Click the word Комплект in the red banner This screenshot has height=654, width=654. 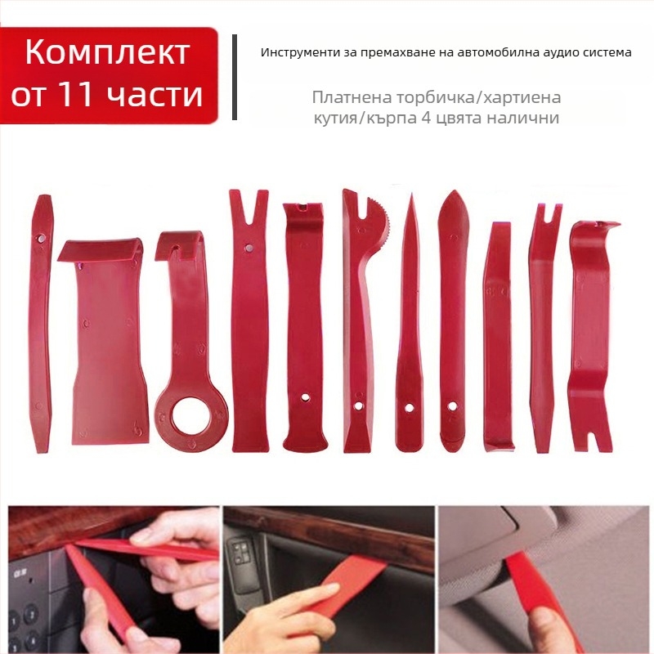[108, 52]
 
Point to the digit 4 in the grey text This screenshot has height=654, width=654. [426, 118]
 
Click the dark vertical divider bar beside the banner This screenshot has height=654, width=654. [235, 77]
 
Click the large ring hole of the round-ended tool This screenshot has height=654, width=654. [191, 417]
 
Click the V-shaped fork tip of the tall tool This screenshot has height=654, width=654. [249, 208]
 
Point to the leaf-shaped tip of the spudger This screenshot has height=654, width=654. [454, 210]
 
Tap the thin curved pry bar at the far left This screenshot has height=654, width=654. [40, 323]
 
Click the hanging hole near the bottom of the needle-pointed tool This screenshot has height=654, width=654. [409, 407]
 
